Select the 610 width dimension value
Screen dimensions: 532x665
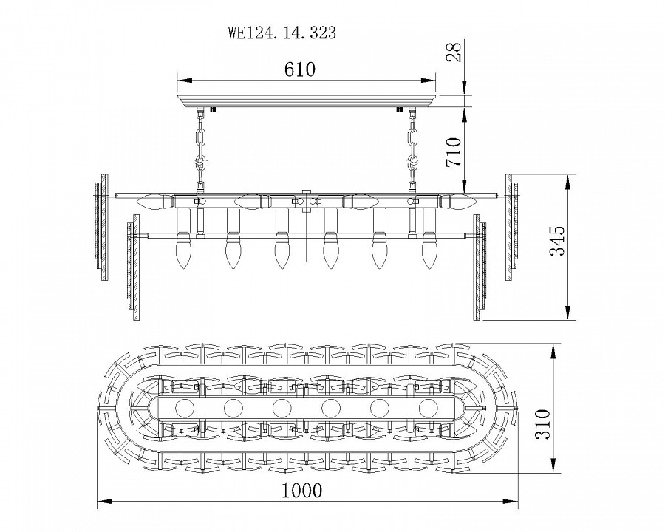point(300,70)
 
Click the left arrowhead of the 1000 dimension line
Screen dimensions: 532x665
point(103,502)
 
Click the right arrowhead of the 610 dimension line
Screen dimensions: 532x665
point(431,80)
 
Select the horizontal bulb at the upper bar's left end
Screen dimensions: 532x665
point(156,200)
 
